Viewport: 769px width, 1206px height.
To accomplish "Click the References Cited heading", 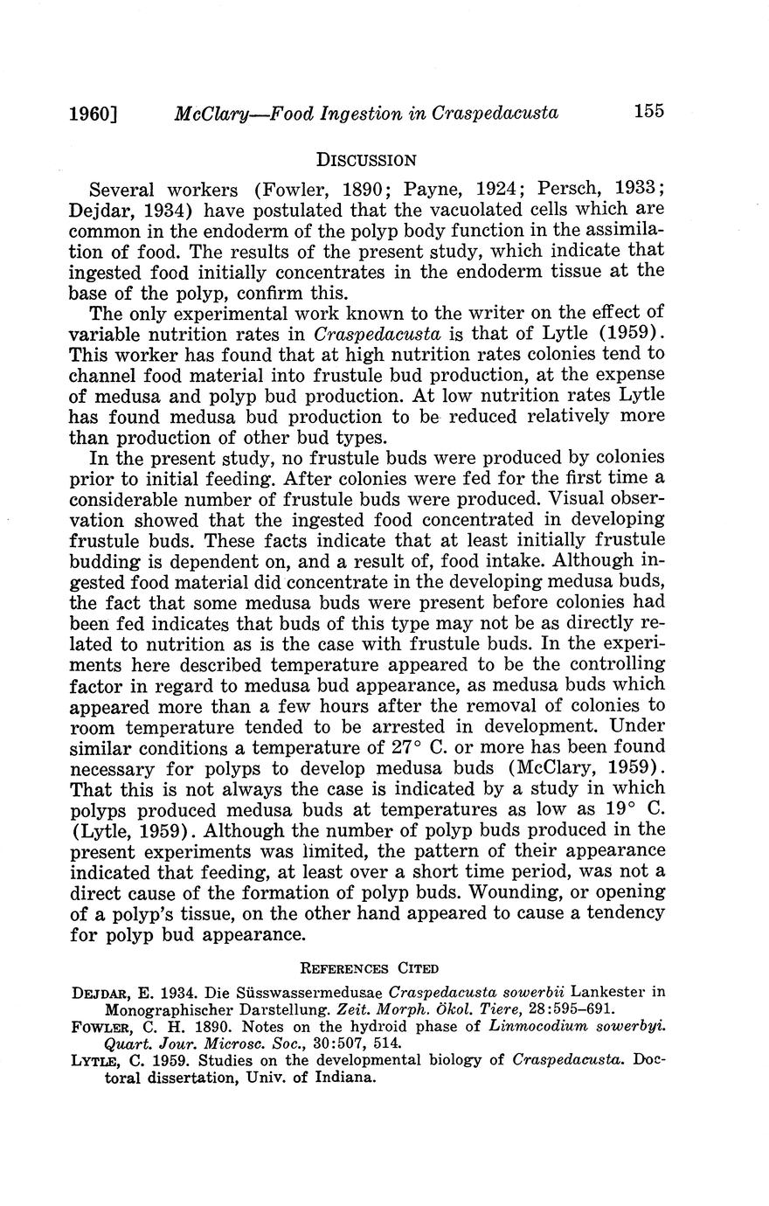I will coord(369,967).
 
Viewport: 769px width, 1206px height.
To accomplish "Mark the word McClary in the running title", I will coord(207,113).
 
